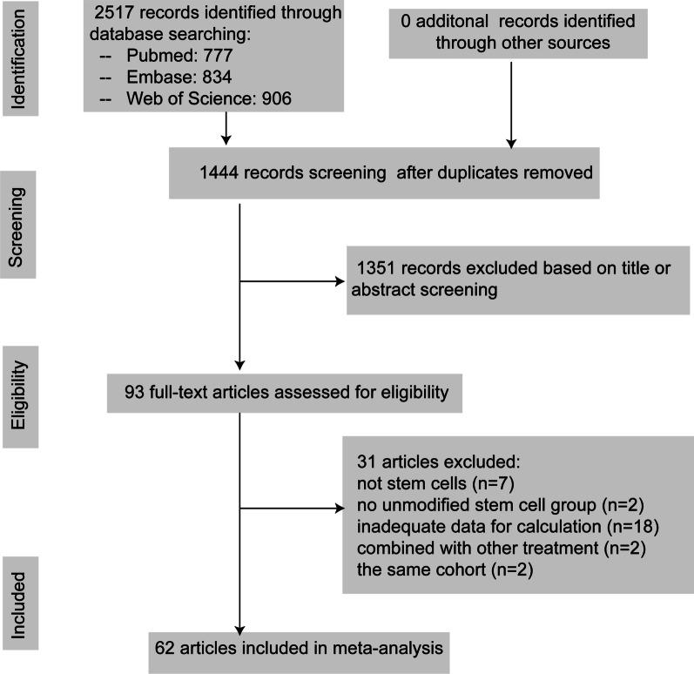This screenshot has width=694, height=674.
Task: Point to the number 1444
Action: (217, 172)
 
